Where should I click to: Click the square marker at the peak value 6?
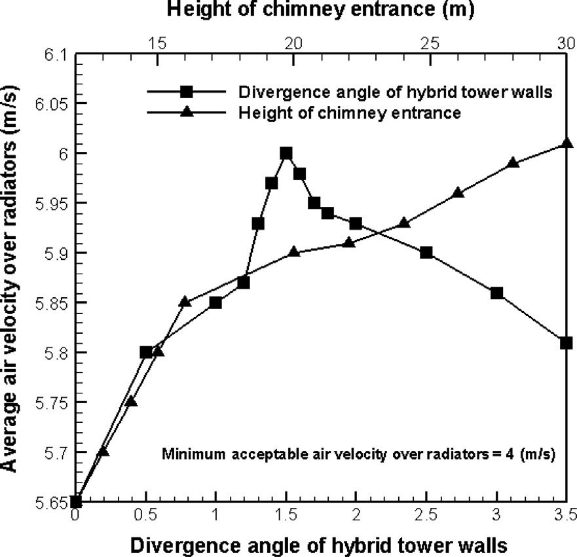[x=286, y=153]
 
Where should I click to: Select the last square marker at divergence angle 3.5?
[x=567, y=342]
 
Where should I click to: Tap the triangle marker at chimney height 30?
[x=568, y=144]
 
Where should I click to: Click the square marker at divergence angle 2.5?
[x=426, y=253]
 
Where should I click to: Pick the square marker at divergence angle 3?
[x=496, y=293]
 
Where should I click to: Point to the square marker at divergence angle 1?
[x=215, y=302]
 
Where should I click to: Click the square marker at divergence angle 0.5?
[x=145, y=352]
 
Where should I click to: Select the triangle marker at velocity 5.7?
[x=103, y=451]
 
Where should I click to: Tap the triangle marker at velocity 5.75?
[x=131, y=401]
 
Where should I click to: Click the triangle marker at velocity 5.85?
[x=185, y=301]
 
